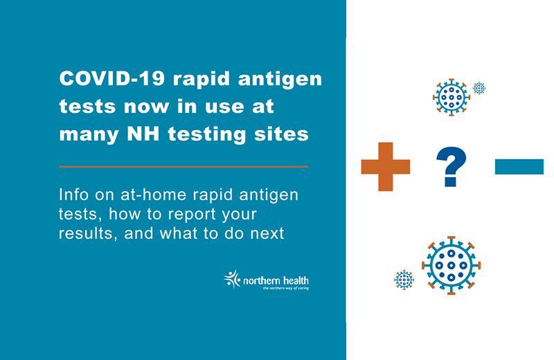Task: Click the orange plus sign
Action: (x=385, y=166)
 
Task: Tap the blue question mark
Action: (x=451, y=167)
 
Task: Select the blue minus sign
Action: (x=519, y=166)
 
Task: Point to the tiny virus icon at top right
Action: (x=479, y=88)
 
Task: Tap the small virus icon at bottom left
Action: (x=404, y=279)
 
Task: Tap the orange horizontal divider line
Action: (x=184, y=167)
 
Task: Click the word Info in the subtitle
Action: (x=75, y=195)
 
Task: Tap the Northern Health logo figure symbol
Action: (x=231, y=278)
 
